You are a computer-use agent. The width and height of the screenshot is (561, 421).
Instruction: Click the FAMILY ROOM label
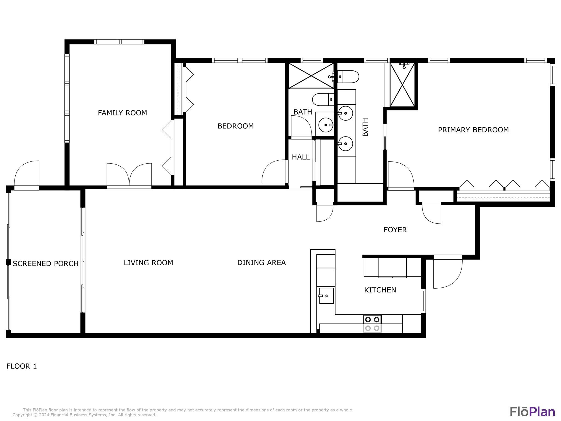click(122, 113)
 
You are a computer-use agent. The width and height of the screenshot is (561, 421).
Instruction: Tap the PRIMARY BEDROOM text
click(473, 130)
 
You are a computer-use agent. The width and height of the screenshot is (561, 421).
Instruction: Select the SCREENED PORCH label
click(45, 263)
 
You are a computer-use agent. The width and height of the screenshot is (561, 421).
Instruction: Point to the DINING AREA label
click(261, 263)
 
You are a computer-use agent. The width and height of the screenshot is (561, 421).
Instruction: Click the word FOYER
click(395, 230)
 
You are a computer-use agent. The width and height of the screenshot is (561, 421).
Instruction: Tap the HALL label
click(300, 157)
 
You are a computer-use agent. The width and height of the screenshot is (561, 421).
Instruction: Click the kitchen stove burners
click(372, 323)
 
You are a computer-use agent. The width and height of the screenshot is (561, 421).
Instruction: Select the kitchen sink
click(326, 295)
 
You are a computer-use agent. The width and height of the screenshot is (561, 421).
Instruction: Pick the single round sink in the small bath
click(326, 125)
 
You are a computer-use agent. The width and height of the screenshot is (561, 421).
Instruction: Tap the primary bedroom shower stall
click(402, 85)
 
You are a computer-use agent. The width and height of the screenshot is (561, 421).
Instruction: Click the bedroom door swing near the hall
click(274, 172)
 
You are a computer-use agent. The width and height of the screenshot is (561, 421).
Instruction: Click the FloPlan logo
click(532, 412)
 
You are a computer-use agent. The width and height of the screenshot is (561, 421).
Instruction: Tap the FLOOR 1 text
click(22, 366)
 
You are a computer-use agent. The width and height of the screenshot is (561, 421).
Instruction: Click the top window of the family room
click(119, 42)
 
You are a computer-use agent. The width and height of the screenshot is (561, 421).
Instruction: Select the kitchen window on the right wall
click(423, 301)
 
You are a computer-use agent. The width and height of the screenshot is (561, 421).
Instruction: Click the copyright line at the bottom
click(84, 415)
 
